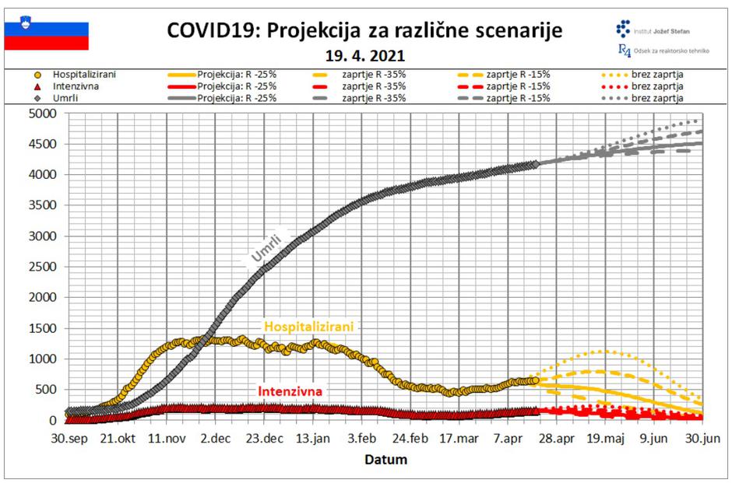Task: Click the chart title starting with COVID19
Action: (364, 31)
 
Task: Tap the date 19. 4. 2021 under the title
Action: (365, 56)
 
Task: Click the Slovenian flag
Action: (46, 34)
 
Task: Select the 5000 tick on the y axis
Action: (44, 114)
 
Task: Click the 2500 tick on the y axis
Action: (44, 267)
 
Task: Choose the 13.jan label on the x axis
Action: (312, 439)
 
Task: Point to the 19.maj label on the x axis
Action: (604, 439)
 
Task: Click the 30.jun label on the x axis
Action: (702, 439)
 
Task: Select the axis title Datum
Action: (385, 460)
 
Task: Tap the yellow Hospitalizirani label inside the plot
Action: (308, 327)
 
